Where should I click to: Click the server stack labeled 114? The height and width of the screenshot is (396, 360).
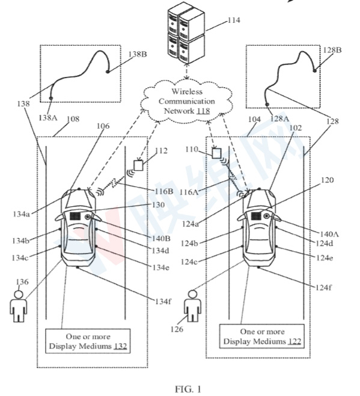point(186,33)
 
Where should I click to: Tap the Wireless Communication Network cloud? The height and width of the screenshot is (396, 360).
point(186,101)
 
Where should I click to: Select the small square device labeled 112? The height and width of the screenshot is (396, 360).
point(138,165)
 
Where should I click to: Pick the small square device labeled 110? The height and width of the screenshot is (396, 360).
point(216,154)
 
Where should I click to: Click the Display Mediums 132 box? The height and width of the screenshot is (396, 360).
point(88,341)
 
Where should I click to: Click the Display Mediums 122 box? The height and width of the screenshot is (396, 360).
point(261,337)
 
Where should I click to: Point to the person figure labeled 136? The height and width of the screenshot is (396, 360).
point(18,306)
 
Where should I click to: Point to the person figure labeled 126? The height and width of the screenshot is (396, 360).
point(192,306)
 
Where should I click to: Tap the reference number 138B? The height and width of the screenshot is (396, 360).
point(138,54)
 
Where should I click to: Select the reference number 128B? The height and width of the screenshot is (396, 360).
point(332,50)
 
